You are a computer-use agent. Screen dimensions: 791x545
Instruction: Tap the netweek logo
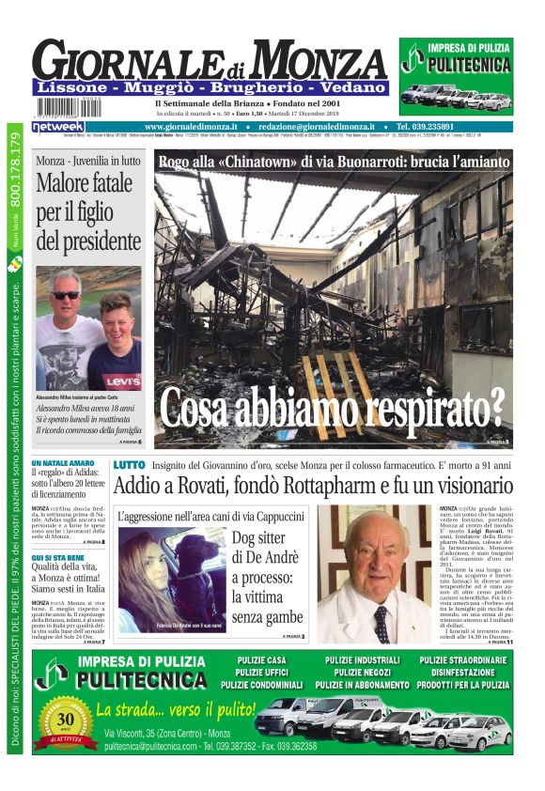[58, 126]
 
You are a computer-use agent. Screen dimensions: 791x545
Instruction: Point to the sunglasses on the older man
[66, 295]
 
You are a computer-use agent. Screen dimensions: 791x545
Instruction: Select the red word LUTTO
[129, 465]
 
